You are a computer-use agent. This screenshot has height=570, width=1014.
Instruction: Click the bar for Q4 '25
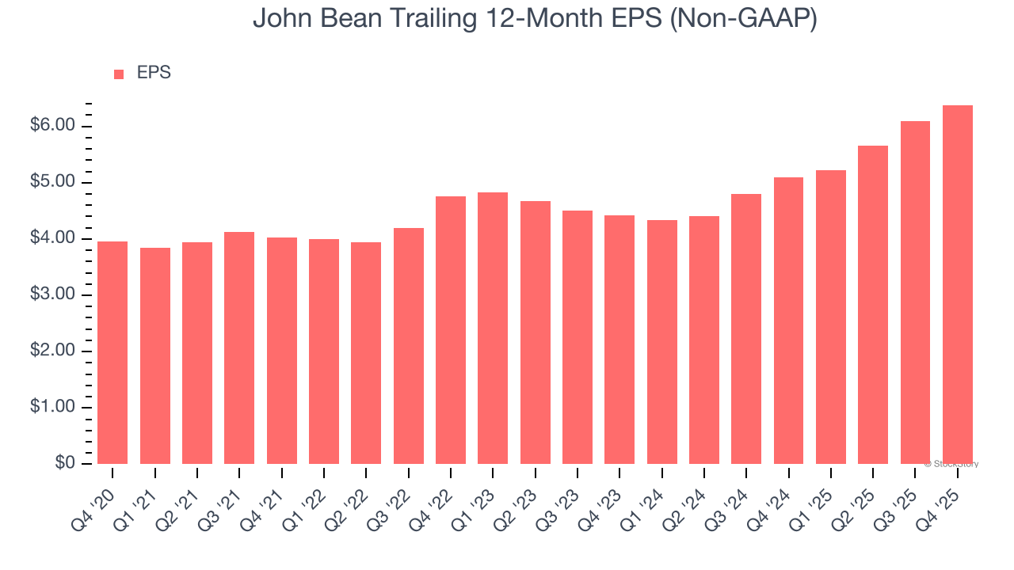pos(957,285)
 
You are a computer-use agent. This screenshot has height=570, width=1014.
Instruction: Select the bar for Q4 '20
pos(112,352)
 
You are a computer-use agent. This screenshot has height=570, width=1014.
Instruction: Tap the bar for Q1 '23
pos(493,328)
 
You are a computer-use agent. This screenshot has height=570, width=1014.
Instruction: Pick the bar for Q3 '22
pos(408,346)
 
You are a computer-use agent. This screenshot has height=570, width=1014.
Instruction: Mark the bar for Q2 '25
pos(873,305)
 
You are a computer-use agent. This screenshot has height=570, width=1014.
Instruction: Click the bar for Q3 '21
pos(239,348)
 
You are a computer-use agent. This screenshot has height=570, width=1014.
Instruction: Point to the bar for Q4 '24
pos(788,321)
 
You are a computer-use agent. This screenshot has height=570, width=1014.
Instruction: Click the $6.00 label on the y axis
pos(52,127)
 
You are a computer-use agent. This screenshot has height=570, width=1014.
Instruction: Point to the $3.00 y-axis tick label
pos(52,295)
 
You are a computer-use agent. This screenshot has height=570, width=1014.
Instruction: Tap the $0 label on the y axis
pos(65,464)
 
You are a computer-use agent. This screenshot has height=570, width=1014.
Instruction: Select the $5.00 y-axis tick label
pos(52,183)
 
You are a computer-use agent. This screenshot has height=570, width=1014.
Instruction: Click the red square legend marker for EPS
pos(119,74)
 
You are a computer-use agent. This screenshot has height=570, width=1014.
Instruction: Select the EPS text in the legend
pos(154,73)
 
